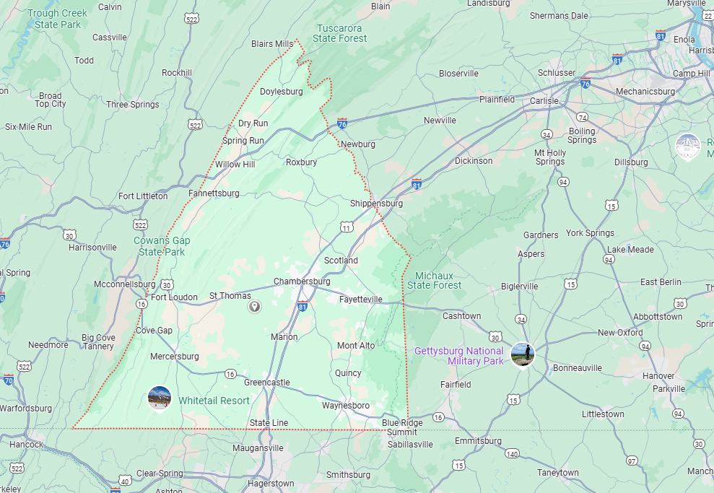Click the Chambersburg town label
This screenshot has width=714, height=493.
tap(302, 281)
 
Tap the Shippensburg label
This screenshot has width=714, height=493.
tap(376, 204)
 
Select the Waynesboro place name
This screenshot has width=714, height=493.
tap(345, 406)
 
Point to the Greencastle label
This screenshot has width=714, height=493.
tap(266, 383)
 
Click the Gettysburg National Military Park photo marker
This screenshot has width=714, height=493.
tap(522, 354)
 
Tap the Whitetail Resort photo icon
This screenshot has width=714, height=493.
tap(159, 398)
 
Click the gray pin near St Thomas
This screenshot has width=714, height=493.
tap(254, 307)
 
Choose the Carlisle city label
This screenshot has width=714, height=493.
tap(544, 101)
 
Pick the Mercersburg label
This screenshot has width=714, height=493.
tap(174, 357)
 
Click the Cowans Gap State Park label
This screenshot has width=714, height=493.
tap(162, 246)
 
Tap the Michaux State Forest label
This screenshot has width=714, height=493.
tap(434, 280)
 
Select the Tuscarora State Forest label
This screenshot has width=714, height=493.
tap(340, 33)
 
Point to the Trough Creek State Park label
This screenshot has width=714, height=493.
tap(57, 19)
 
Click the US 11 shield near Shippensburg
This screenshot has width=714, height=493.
tap(347, 228)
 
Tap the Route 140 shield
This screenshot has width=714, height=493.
tap(512, 454)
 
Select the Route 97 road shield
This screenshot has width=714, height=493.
tap(632, 461)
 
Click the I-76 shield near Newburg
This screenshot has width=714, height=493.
tap(342, 124)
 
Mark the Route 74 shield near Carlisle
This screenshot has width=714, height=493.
tap(582, 117)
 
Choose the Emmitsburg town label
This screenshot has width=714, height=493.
tap(478, 441)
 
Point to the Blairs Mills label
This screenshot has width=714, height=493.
tap(272, 44)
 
